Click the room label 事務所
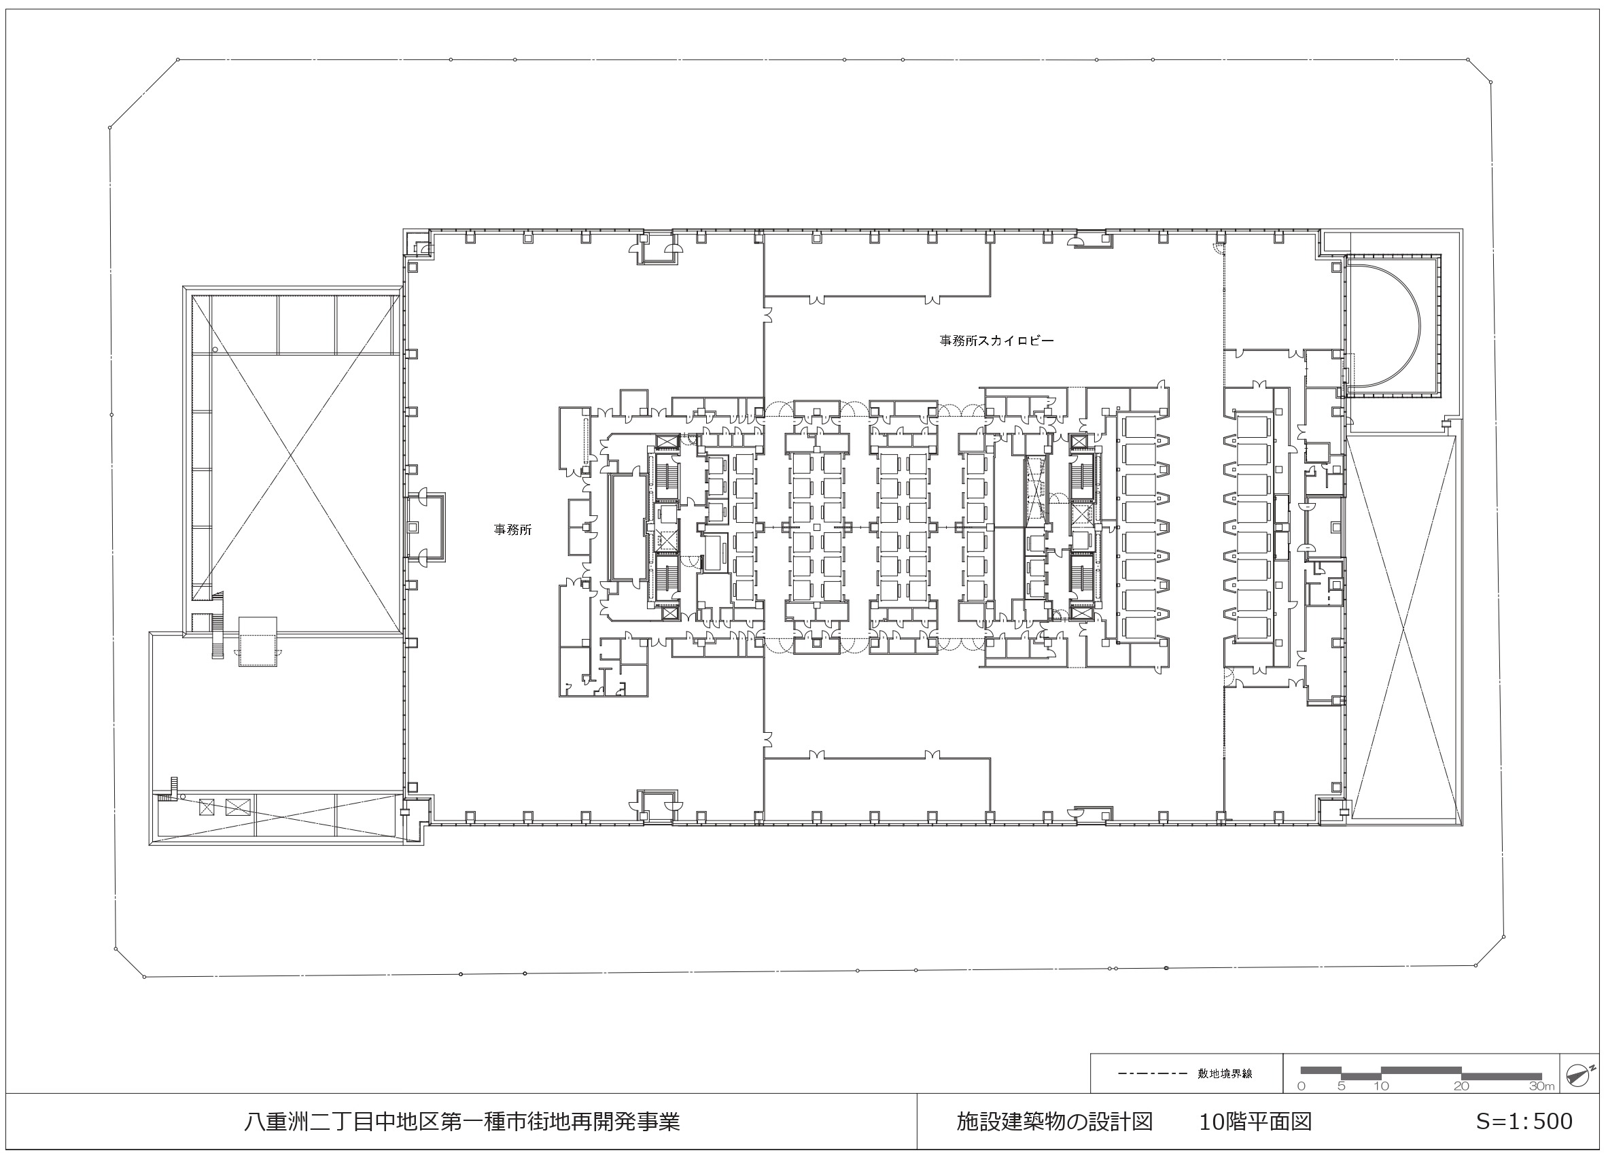point(512,530)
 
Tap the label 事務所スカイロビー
point(996,341)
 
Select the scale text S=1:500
point(1524,1122)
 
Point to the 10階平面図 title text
point(1255,1122)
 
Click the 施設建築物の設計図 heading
point(1054,1122)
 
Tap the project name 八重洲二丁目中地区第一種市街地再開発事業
point(461,1122)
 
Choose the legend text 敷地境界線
point(1225,1073)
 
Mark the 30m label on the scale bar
point(1541,1086)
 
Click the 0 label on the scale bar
point(1302,1086)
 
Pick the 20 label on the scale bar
point(1461,1086)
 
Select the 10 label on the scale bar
point(1382,1086)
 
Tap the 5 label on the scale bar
point(1341,1086)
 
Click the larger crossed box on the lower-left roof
point(238,808)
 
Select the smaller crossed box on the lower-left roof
point(207,806)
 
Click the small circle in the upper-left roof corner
point(215,350)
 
